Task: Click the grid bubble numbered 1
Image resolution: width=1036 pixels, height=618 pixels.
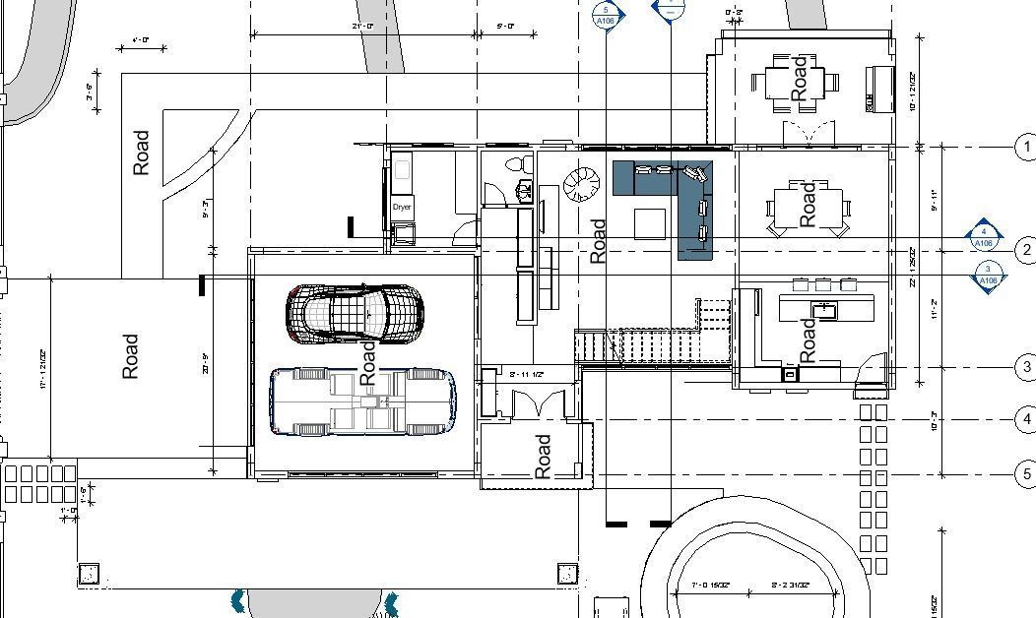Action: click(1026, 147)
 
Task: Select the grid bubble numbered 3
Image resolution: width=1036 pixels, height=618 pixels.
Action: click(1026, 367)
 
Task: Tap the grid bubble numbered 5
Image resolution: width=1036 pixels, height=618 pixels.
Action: click(1026, 474)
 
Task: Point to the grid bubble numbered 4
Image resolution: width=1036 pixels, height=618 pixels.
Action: click(1026, 420)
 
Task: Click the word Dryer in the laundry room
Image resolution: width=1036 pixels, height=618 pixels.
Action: click(402, 208)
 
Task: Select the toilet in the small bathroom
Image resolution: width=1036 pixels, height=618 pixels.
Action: click(518, 164)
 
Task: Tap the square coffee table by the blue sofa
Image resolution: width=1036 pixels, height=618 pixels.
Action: click(650, 223)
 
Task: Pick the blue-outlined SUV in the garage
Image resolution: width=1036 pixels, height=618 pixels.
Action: click(362, 402)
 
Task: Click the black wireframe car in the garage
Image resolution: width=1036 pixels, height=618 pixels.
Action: click(355, 313)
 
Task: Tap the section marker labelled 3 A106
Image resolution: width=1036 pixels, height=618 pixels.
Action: click(989, 276)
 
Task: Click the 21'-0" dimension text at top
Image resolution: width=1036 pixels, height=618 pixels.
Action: click(362, 26)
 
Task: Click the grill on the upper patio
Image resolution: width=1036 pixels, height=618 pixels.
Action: click(879, 90)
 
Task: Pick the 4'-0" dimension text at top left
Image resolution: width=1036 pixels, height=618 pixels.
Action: click(140, 40)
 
